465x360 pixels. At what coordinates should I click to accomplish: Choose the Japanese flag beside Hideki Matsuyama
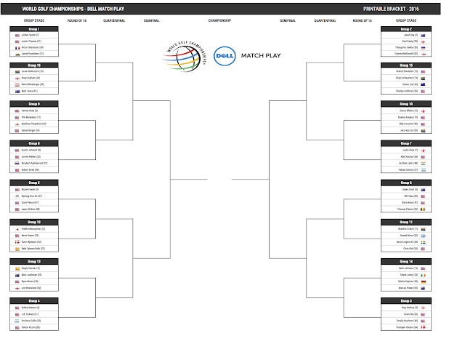coord(17,228)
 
